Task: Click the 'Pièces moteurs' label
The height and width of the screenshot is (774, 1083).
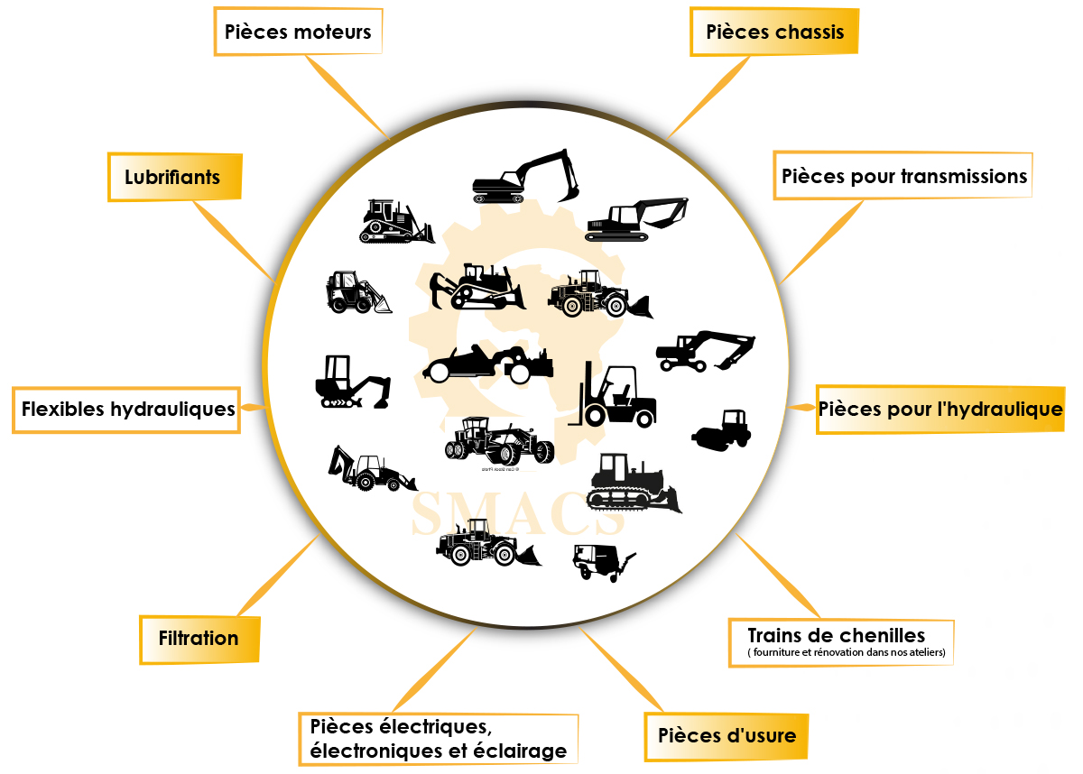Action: tap(297, 32)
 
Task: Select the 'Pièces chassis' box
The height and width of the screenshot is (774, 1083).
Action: tap(774, 32)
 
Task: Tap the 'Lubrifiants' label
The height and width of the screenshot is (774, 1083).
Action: tap(172, 177)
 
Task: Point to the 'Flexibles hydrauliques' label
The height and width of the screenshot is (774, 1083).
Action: tap(127, 410)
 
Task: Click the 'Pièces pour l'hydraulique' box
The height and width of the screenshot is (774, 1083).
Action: tap(940, 410)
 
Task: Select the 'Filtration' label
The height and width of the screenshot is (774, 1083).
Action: tap(199, 639)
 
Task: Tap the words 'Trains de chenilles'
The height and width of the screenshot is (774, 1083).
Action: tap(837, 634)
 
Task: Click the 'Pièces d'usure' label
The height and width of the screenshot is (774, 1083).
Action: tap(727, 735)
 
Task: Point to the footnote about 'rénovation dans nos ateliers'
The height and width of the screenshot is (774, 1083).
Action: tap(847, 653)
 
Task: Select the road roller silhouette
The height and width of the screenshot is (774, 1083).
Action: tap(722, 428)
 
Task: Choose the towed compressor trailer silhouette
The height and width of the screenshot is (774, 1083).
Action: tap(600, 561)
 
